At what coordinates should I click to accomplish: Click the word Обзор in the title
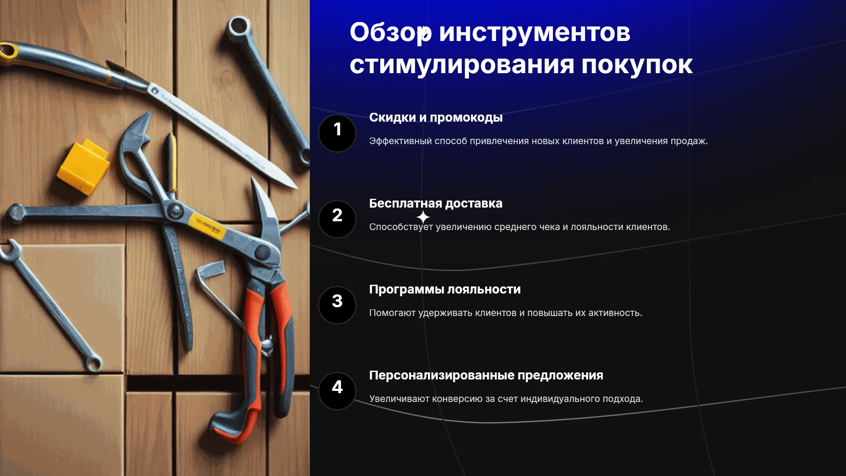click(x=391, y=33)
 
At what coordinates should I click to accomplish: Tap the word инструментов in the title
click(x=534, y=33)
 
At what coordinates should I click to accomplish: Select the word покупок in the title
click(x=637, y=65)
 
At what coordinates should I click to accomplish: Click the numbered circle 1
click(x=337, y=133)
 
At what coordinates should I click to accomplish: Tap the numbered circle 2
click(x=337, y=219)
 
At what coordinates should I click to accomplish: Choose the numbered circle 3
click(x=337, y=305)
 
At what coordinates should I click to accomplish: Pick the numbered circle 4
click(x=337, y=391)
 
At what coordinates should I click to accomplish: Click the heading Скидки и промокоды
click(x=436, y=118)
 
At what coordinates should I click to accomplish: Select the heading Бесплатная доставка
click(x=436, y=204)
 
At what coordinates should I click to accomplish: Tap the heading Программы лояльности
click(x=445, y=290)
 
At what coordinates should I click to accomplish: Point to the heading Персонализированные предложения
click(x=486, y=376)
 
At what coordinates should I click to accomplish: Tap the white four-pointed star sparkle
click(x=423, y=217)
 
